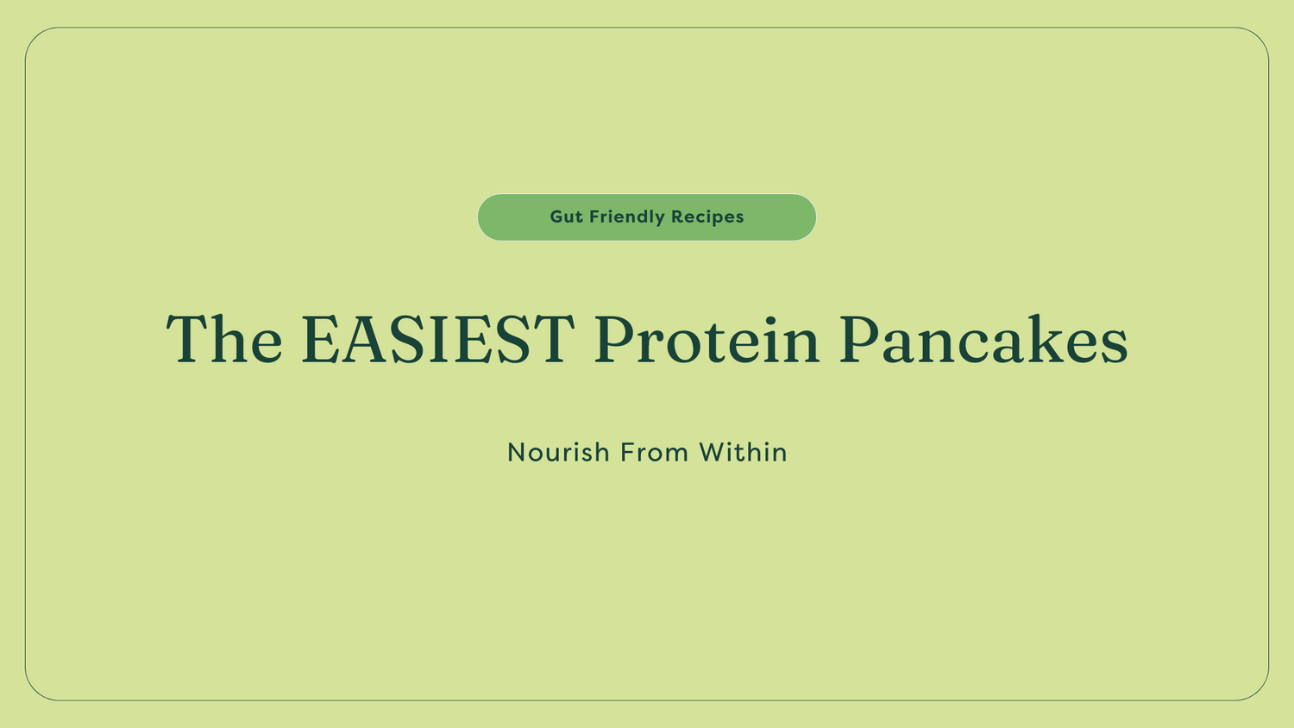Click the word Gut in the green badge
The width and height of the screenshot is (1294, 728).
(x=566, y=217)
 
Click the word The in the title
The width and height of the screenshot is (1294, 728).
(x=224, y=339)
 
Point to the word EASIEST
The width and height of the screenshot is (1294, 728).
(x=437, y=339)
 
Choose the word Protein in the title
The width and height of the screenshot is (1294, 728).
(x=707, y=339)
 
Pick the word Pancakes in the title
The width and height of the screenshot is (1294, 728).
(x=983, y=339)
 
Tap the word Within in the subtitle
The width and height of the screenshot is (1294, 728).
(x=743, y=452)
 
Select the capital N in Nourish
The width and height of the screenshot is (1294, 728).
(x=517, y=452)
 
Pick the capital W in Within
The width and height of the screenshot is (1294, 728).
(x=713, y=452)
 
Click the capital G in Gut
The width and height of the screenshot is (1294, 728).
(x=556, y=217)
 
